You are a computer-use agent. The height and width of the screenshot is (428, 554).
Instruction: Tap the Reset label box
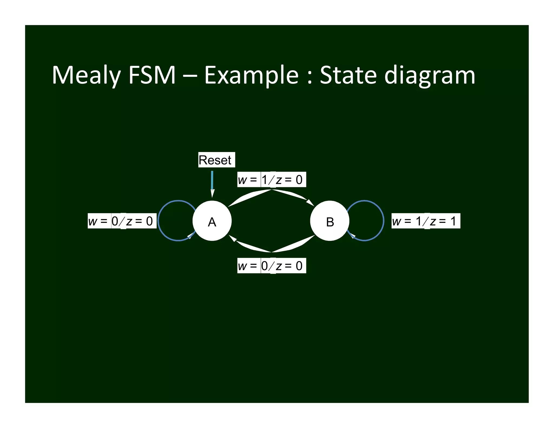[216, 160]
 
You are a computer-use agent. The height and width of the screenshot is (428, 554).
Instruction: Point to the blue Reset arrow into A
[212, 181]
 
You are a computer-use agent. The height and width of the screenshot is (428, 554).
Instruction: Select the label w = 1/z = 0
[272, 179]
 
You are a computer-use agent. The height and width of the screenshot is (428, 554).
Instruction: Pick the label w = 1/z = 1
[426, 221]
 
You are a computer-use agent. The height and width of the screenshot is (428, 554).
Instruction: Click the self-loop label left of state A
[122, 221]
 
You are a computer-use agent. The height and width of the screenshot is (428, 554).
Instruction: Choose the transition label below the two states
[272, 266]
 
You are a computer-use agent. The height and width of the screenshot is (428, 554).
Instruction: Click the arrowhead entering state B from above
[310, 202]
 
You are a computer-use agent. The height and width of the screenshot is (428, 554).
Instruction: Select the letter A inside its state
[212, 222]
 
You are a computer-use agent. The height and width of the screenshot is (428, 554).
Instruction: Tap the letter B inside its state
[330, 222]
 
